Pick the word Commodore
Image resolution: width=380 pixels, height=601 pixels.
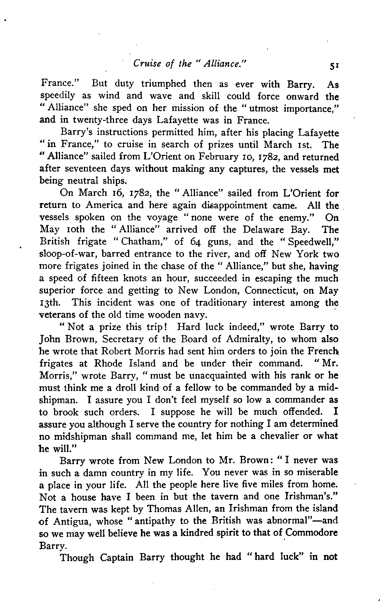pyautogui.click(x=312, y=533)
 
